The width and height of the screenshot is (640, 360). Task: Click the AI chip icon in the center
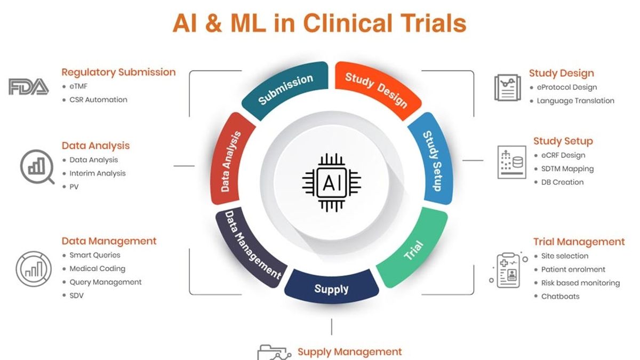click(331, 182)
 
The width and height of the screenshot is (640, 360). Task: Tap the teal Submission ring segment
click(285, 88)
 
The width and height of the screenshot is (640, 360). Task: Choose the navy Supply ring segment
click(331, 289)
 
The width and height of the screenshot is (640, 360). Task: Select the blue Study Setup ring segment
click(432, 161)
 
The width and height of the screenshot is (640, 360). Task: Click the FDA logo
click(28, 86)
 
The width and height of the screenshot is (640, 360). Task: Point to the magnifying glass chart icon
click(37, 166)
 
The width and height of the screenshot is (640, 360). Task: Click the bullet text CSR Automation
click(98, 99)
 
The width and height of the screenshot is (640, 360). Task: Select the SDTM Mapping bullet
click(567, 169)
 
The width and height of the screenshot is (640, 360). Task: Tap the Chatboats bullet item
click(560, 296)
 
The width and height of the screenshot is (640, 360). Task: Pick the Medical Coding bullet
click(97, 268)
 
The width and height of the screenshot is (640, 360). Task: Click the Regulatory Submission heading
click(118, 72)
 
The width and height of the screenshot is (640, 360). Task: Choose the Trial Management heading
click(579, 242)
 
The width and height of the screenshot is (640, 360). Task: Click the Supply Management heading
click(349, 351)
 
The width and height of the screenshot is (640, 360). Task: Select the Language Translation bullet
click(575, 100)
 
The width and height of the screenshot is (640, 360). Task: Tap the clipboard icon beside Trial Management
click(507, 271)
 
